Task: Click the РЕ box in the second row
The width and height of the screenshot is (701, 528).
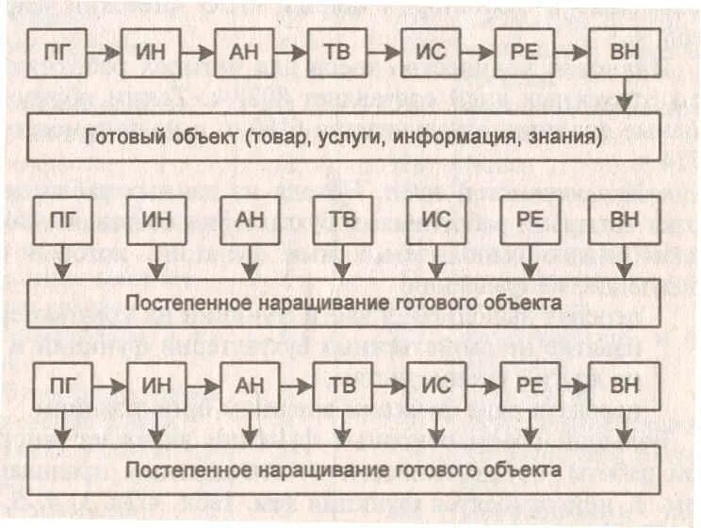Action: point(527,221)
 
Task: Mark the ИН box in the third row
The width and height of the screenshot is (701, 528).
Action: point(155,387)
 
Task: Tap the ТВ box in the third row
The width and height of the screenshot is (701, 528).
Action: point(340,387)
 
